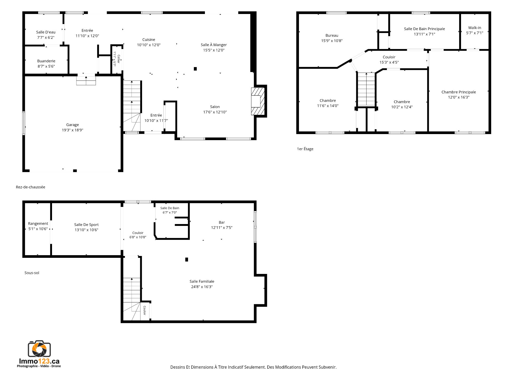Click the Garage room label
coord(73,125)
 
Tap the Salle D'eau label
coord(46,32)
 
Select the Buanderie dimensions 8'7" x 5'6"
coord(46,66)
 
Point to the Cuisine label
coord(149,40)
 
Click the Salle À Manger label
coord(214,45)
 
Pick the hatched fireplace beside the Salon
coord(258,101)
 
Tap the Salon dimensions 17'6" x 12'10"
coord(215,112)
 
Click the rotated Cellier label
coord(119,59)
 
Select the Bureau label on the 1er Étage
coord(332,35)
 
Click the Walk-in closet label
coord(475,28)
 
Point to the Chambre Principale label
coord(459,92)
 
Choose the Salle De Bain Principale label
coord(424,29)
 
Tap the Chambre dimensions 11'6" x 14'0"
coord(328,106)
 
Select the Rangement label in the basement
coord(38,224)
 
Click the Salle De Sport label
coord(86,225)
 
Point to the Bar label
coord(222,222)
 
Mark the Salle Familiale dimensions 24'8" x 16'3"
coord(202,287)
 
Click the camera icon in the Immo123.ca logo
coord(39,349)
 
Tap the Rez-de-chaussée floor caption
coord(30,187)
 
